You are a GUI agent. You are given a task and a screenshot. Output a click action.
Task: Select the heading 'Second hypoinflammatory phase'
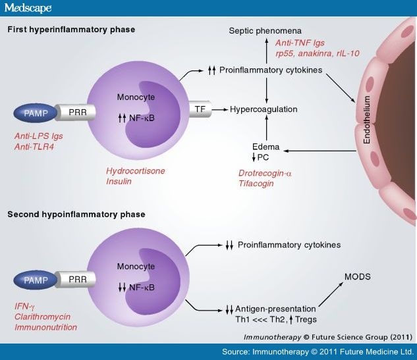pos(76,214)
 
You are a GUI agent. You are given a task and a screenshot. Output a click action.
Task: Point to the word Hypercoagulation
pos(264,109)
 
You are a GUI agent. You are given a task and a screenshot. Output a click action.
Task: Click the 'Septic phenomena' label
pos(265,31)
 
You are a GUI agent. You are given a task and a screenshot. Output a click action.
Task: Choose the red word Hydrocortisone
pos(136,171)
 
